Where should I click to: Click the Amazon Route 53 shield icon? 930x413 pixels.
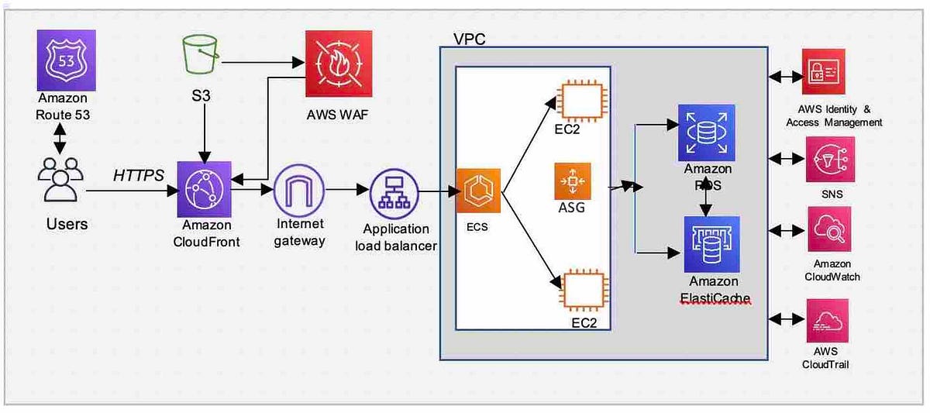67,60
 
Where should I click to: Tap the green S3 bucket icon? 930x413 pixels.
201,54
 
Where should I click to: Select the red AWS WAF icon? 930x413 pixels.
339,64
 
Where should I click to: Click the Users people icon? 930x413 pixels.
60,179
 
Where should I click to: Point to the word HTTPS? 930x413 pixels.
139,175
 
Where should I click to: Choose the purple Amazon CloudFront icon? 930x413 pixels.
205,189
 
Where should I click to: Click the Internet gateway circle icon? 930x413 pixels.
299,190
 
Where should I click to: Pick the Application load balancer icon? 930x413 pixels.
394,194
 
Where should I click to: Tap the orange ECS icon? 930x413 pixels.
478,191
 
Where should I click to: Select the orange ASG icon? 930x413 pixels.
573,181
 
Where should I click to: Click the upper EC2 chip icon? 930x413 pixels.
582,101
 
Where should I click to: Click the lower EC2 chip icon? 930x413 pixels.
584,291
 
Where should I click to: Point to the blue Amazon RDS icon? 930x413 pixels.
707,133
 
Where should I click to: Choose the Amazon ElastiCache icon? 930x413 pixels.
711,244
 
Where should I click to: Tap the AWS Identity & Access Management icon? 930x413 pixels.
824,71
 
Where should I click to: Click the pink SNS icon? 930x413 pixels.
830,160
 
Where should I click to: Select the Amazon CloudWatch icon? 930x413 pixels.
829,229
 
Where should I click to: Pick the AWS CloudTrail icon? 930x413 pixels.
828,321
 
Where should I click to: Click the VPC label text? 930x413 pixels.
470,39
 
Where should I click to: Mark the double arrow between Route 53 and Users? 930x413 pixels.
60,138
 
